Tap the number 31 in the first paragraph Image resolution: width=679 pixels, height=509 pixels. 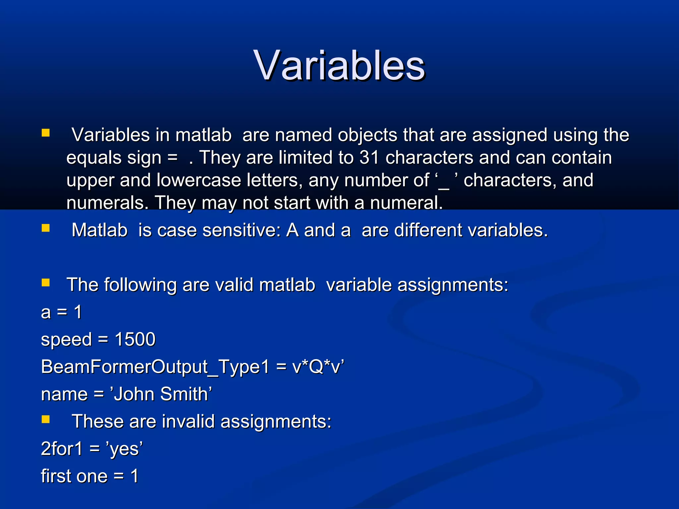click(369, 157)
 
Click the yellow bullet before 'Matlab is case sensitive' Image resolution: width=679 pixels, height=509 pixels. click(45, 228)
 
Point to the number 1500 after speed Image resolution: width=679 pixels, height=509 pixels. click(135, 339)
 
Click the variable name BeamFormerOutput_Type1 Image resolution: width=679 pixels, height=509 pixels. click(155, 367)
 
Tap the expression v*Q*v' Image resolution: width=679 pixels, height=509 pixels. click(318, 367)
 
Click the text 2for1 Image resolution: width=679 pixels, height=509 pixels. click(62, 449)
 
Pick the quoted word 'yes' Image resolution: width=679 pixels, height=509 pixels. click(124, 449)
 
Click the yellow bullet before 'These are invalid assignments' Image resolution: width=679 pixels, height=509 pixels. click(45, 420)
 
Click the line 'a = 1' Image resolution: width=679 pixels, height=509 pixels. click(61, 312)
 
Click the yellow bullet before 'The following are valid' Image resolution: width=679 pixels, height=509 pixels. click(45, 283)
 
